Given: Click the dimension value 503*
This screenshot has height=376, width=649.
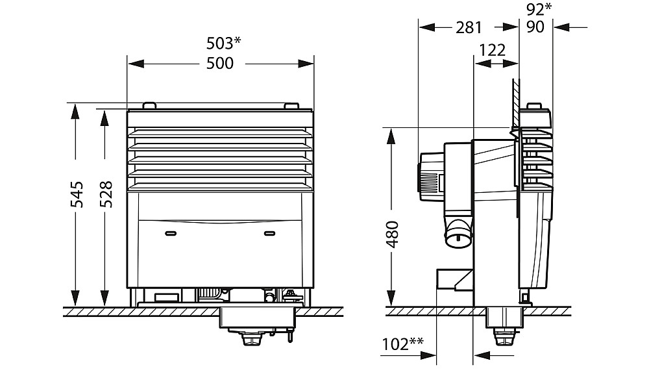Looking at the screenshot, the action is [x=223, y=42].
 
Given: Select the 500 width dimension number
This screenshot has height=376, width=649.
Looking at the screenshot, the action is [x=220, y=64].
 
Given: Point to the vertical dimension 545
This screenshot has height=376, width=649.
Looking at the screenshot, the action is [x=77, y=194].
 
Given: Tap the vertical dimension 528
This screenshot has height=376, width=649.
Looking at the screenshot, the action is [x=106, y=194].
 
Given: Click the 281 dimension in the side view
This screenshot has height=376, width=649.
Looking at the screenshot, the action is [x=469, y=28].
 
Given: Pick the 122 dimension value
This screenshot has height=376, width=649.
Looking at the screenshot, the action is [x=492, y=50].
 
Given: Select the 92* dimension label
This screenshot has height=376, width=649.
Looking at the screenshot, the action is [x=539, y=9].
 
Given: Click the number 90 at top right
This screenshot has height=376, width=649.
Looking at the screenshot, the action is [x=535, y=27].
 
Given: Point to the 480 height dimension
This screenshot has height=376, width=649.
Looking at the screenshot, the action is [x=392, y=234].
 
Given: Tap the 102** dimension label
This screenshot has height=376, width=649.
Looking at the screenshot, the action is [x=403, y=344].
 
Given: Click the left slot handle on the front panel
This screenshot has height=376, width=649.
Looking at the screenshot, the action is [x=171, y=234].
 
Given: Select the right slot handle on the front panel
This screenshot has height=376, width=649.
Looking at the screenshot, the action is [x=269, y=234].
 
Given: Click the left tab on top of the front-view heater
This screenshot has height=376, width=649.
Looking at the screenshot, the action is [x=149, y=106].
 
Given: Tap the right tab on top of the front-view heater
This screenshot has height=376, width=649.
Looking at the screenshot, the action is [x=291, y=106].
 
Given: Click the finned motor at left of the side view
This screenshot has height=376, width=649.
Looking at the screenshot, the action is [x=432, y=177].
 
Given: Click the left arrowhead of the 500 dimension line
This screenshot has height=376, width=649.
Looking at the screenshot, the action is [x=136, y=64].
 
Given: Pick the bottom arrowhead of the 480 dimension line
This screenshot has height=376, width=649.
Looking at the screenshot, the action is [x=391, y=297].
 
